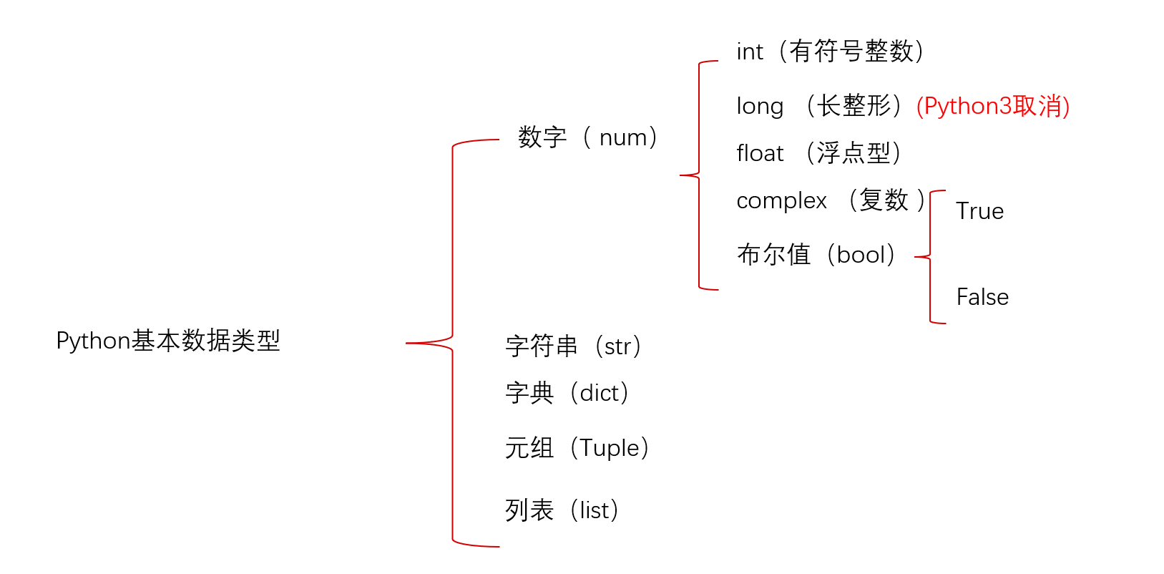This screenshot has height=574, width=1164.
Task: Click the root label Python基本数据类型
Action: (168, 341)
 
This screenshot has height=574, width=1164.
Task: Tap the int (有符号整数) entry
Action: (830, 52)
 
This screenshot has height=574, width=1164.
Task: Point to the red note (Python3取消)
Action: (993, 106)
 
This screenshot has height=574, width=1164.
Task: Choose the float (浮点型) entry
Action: (818, 153)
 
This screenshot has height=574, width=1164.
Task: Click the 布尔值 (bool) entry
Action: (816, 255)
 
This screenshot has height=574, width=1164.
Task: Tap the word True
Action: (979, 211)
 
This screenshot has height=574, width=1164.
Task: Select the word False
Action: (982, 297)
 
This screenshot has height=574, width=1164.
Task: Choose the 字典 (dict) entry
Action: (567, 393)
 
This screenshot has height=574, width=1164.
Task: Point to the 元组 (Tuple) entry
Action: (577, 448)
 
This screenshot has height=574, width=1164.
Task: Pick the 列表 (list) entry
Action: (562, 510)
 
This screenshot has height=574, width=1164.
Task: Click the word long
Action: (760, 107)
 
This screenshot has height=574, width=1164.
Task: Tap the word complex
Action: (781, 201)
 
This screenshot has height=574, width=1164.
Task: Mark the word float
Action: (760, 153)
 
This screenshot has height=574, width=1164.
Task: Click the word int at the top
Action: (750, 52)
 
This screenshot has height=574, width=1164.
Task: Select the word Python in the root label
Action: (93, 341)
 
